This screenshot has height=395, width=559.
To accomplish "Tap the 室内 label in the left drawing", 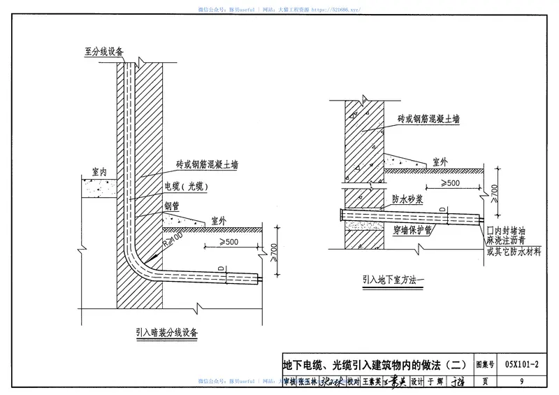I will pos(99,171).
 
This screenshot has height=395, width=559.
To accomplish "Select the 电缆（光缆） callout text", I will pos(187,187).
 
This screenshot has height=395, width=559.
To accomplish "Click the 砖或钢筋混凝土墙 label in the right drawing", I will pos(428,119).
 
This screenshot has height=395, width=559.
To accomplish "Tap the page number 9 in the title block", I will pos(522,382).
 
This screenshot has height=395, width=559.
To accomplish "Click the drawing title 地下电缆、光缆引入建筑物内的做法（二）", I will pos(374,364).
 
